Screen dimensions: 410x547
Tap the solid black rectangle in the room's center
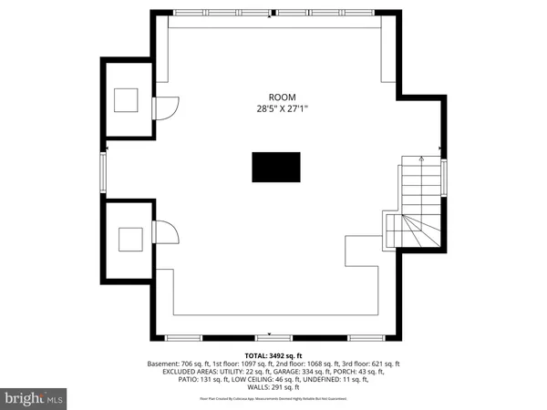click(275, 169)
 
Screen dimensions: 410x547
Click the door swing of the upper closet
click(163, 108)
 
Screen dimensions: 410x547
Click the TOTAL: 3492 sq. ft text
click(273, 355)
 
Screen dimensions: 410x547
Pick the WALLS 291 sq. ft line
click(273, 388)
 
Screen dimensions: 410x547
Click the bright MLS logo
click(34, 398)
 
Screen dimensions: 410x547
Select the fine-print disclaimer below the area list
click(273, 399)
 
